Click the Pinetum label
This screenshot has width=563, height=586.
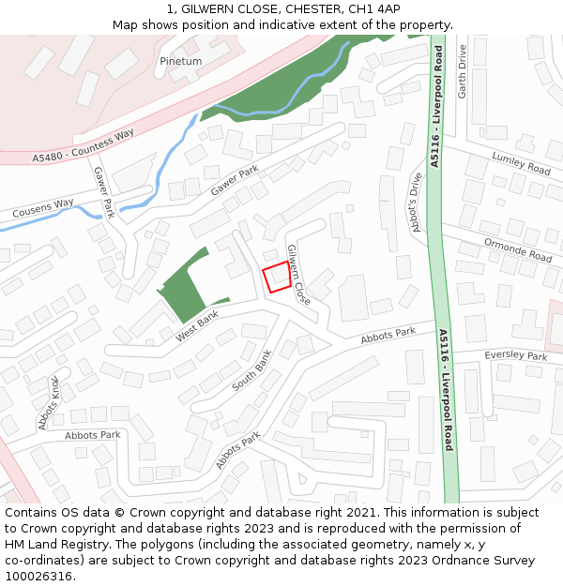point(181,62)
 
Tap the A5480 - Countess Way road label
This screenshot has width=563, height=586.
point(84,148)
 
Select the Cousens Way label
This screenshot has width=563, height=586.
point(43,208)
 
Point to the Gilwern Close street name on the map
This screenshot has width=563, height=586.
point(297,275)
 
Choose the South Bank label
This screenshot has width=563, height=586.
point(251,371)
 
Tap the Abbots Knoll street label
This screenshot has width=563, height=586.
point(50,403)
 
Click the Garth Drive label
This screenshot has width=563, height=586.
point(462,72)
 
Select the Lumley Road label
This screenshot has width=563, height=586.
point(521,163)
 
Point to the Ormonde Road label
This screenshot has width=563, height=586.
point(517,249)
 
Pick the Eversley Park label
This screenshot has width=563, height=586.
point(515,356)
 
